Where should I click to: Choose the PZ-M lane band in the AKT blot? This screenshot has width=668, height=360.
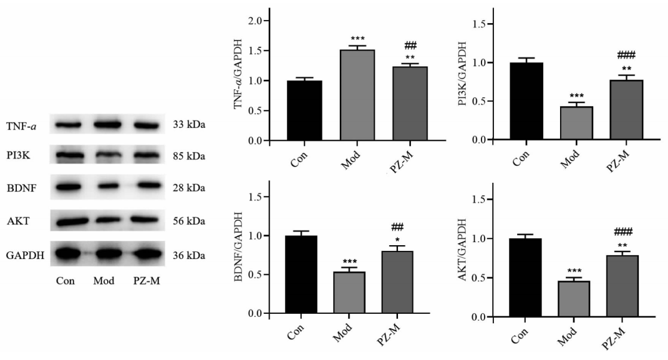(x=147, y=220)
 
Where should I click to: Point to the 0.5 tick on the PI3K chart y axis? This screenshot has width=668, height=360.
(x=477, y=101)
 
